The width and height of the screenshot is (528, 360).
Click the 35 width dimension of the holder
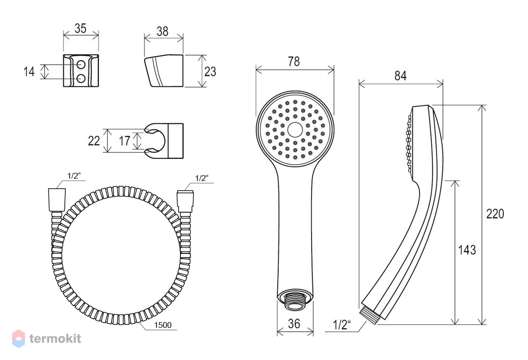coord(81,28)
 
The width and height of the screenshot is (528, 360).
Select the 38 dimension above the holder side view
coord(162,31)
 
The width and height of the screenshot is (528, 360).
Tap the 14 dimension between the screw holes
coord(29,72)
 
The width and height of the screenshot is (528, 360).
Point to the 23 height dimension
coord(210,72)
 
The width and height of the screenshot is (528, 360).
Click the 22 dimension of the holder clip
coord(94,141)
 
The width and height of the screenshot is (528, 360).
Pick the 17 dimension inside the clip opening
coord(124,141)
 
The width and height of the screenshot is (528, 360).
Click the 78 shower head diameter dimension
coord(294,61)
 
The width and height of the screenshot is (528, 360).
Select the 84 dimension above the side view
coord(400,76)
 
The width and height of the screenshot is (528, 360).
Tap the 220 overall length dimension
coord(495,214)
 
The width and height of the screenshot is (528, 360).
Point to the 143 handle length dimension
coord(467,250)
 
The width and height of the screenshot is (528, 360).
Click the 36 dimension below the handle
coord(294,324)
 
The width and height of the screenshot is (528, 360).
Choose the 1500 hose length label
coord(163,325)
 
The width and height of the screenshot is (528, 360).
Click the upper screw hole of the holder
coord(81,64)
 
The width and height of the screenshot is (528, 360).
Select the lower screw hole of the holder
coord(81,79)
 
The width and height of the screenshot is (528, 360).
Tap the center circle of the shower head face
coord(295,130)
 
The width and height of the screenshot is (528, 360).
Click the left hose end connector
coord(57,200)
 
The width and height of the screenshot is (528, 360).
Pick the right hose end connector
coord(185,202)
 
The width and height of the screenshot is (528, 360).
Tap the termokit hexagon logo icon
coord(19,338)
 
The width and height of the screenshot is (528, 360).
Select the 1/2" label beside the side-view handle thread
coord(341,325)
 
